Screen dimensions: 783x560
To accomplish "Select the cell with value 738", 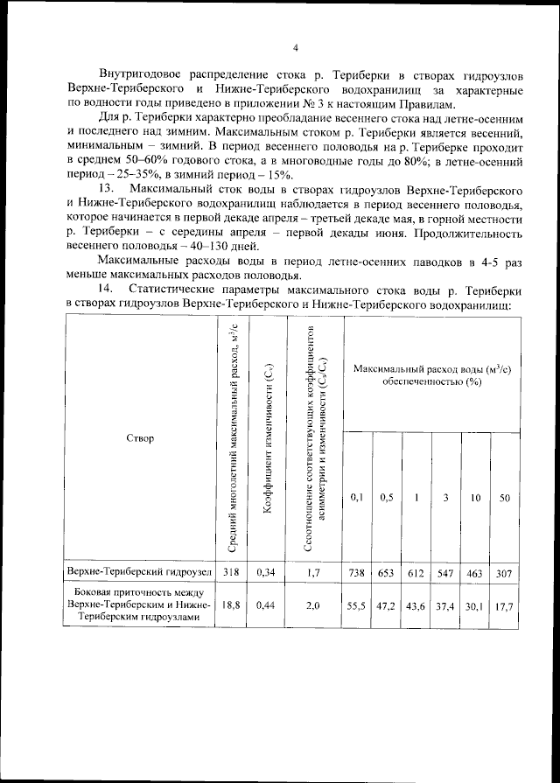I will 357,573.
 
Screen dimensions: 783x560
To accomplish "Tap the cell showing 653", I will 386,573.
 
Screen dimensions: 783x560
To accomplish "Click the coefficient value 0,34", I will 266,573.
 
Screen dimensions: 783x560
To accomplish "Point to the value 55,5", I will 357,605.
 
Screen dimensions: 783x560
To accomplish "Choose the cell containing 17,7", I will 504,605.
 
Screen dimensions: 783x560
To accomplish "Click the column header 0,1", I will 357,498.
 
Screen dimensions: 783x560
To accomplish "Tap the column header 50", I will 504,498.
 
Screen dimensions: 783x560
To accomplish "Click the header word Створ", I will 140,437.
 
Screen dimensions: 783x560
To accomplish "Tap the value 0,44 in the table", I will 266,605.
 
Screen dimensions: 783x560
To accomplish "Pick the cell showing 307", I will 504,573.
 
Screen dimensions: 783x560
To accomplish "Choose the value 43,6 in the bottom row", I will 416,605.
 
